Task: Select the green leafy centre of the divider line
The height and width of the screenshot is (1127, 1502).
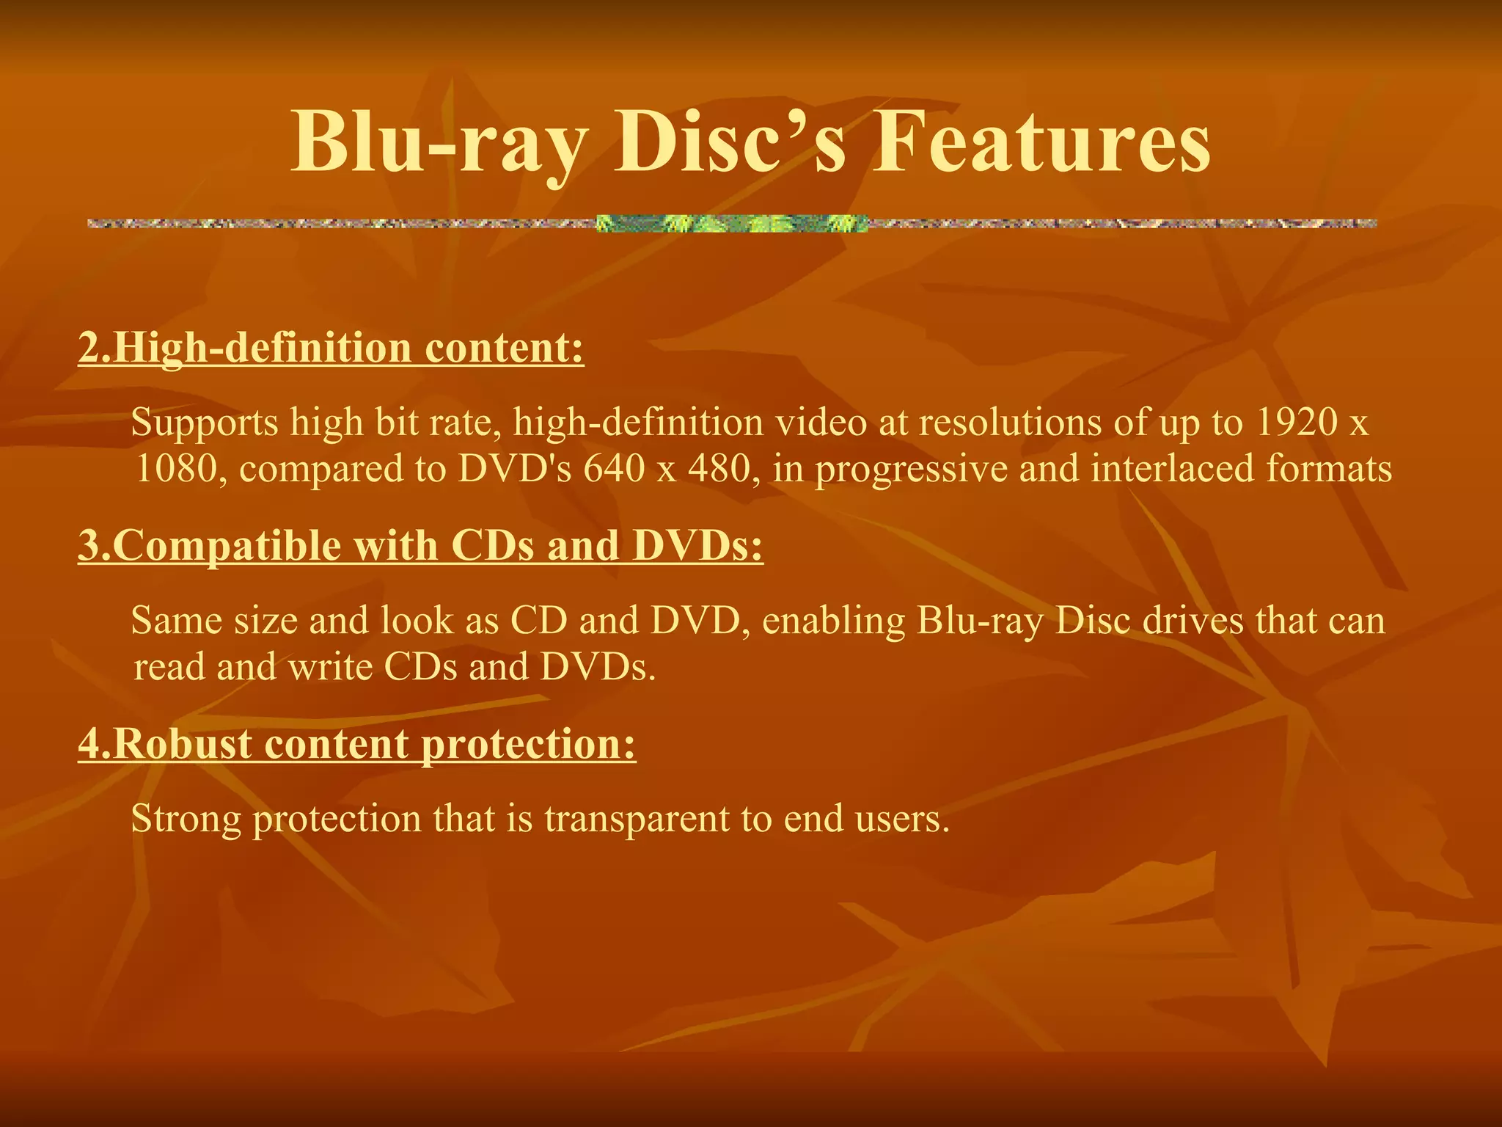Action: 731,223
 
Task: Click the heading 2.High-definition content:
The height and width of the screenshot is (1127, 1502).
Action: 331,348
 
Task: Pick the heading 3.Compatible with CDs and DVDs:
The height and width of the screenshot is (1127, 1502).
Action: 420,546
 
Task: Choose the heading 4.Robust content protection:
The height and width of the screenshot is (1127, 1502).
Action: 356,744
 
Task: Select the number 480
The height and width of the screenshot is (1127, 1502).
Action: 723,469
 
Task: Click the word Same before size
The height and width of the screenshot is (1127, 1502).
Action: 176,621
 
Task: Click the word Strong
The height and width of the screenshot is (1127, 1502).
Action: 186,820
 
